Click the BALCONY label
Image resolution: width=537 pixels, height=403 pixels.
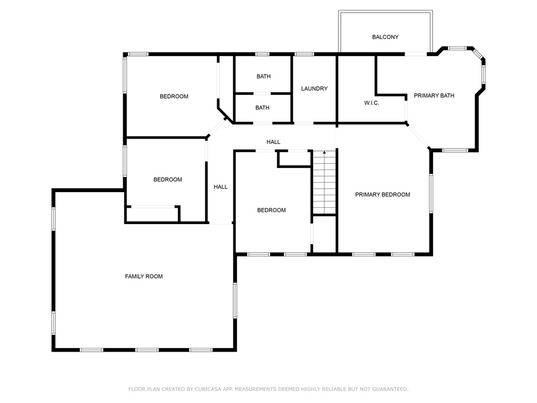385,37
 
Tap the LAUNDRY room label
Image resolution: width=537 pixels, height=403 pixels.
315,89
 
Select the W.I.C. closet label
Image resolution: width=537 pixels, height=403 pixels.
372,103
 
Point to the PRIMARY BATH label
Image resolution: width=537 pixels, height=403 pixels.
434,96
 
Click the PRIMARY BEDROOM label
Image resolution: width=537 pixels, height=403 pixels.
382,195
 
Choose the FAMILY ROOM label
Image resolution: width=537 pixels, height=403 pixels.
144,277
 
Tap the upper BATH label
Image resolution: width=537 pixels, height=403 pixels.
264,77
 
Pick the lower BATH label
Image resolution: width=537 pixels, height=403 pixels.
262,108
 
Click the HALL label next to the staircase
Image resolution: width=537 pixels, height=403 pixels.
273,142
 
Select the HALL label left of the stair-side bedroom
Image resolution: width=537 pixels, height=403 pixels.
221,187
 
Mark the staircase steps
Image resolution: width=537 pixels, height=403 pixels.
324,183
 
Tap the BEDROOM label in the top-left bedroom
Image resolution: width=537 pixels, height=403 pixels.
174,97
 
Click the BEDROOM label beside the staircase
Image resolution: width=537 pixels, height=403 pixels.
272,210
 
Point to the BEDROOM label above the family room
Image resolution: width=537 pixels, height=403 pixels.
168,179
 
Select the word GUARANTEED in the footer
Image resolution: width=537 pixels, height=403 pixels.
390,389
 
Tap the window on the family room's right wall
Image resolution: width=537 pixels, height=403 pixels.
235,300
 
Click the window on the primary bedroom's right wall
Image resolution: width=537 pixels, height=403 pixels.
431,193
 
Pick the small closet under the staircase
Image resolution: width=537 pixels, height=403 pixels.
324,235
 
